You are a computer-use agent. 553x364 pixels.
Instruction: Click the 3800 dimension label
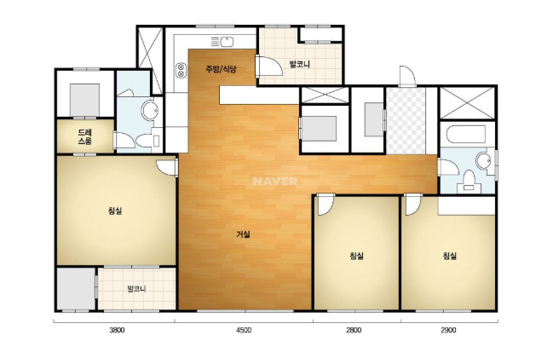coord(117,330)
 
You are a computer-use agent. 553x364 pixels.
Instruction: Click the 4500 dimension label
coord(244,330)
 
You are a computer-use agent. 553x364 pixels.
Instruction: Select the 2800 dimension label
coord(354,330)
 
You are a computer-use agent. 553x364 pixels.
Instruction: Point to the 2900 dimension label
coord(448,330)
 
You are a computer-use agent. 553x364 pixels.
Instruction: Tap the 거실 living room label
coord(243,234)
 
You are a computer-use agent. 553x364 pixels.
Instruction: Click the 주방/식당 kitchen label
coord(222,69)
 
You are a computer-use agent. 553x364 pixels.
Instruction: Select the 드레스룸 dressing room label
coord(85,137)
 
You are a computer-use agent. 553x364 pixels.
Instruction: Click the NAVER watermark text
coord(275,182)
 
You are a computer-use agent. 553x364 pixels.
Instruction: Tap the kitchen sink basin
coord(227,42)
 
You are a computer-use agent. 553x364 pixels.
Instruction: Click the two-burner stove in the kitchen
coord(181,70)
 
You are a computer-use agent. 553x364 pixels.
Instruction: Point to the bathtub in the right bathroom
coord(466,135)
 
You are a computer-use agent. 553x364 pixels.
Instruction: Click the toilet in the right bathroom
coord(469,181)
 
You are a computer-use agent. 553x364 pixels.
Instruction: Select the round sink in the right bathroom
coord(483,161)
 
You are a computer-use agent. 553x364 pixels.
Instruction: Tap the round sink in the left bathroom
coord(150,110)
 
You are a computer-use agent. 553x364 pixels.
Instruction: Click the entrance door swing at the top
coord(407,76)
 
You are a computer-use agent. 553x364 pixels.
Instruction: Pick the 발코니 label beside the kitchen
coord(299,65)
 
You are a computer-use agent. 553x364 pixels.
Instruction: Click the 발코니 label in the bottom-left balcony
coord(136,289)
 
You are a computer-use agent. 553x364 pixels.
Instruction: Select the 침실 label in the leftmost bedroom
coord(115,211)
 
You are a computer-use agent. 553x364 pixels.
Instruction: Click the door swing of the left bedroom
coord(166,168)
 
